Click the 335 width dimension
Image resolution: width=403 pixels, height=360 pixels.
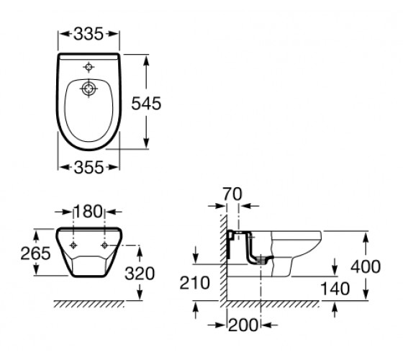click(x=89, y=34)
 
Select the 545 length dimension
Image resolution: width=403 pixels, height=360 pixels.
click(x=146, y=104)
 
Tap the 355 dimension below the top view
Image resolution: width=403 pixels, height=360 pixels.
click(x=89, y=167)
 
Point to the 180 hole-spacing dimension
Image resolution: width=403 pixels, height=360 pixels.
click(x=88, y=212)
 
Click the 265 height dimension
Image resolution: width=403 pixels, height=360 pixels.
click(x=35, y=253)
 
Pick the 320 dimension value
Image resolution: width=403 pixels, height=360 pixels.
click(x=140, y=274)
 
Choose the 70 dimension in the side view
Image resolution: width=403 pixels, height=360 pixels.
click(x=232, y=194)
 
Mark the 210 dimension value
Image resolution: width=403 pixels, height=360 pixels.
click(x=194, y=283)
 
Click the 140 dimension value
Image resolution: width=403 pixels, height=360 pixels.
click(x=335, y=289)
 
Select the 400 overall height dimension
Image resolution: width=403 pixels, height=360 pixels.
click(x=366, y=266)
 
